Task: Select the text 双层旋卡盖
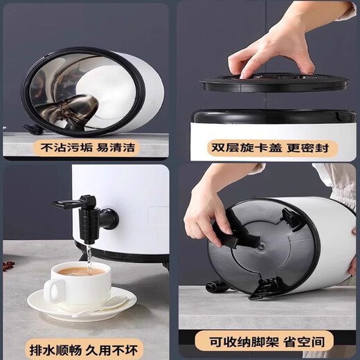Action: tap(240, 147)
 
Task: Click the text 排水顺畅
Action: tap(56, 340)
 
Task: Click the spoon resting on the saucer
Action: tap(104, 306)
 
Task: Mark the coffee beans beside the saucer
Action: tap(10, 264)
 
